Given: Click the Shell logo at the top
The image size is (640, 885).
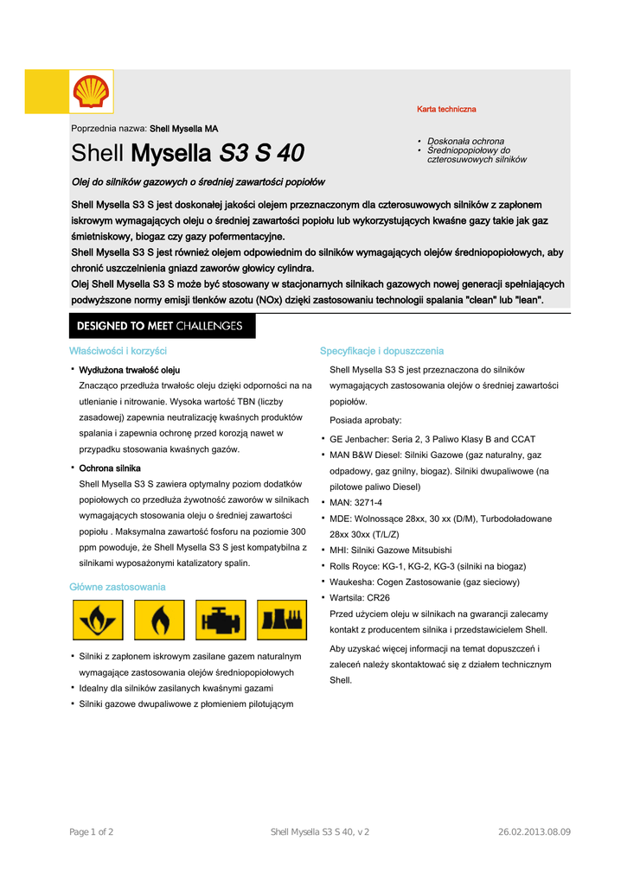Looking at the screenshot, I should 91,92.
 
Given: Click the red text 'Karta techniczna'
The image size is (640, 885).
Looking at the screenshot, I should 446,110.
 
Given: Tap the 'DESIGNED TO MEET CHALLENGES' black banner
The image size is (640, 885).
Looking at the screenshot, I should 162,326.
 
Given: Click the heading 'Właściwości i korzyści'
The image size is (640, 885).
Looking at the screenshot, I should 118,351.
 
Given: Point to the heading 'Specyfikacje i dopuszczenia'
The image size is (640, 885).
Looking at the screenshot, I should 381,351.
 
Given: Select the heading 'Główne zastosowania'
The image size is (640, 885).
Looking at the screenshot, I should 117,587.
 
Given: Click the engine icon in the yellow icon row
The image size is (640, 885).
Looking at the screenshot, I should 221,620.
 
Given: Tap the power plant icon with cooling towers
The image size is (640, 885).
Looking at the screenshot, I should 282,620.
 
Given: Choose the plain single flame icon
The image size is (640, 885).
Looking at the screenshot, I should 160,620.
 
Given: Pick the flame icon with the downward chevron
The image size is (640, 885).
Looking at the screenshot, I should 98,620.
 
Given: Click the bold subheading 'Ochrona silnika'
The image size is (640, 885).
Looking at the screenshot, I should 110,468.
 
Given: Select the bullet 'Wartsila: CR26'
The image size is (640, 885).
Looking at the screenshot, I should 360,597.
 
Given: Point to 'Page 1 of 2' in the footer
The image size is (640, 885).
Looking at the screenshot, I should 91,831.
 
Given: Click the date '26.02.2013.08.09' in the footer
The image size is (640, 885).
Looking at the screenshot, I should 534,831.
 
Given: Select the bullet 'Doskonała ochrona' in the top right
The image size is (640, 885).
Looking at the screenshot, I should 465,141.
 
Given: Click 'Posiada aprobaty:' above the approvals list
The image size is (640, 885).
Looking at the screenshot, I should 365,420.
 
